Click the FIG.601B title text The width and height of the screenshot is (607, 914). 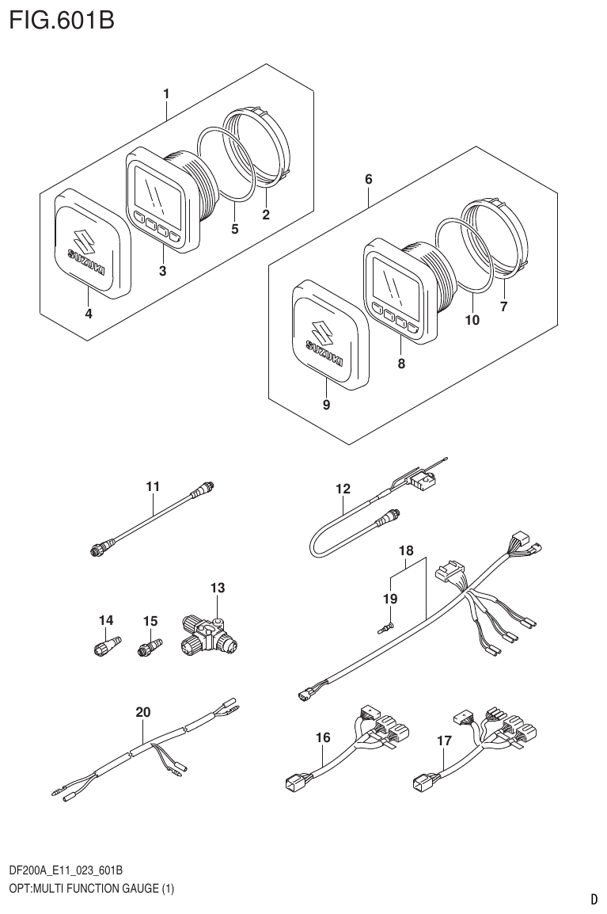62,20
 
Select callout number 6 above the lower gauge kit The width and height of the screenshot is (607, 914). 369,180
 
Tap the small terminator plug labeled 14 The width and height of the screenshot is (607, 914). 106,646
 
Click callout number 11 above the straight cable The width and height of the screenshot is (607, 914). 153,486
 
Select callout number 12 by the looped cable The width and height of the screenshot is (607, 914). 342,489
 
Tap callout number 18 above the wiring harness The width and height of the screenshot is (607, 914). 406,549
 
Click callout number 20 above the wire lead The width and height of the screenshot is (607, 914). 142,712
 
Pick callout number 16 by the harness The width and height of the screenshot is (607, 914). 322,738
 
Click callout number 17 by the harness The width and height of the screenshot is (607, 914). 444,741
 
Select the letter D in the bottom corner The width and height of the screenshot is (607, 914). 593,899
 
